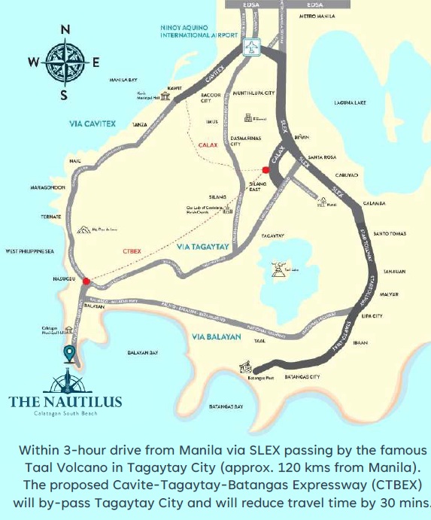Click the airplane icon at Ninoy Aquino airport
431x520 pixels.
pyautogui.click(x=252, y=47)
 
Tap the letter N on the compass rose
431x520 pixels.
pyautogui.click(x=65, y=29)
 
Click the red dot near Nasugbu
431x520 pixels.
pyautogui.click(x=87, y=281)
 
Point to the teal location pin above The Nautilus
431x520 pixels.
pyautogui.click(x=69, y=353)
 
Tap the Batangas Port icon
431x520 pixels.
pyautogui.click(x=245, y=367)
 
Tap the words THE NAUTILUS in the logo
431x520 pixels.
pyautogui.click(x=65, y=400)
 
